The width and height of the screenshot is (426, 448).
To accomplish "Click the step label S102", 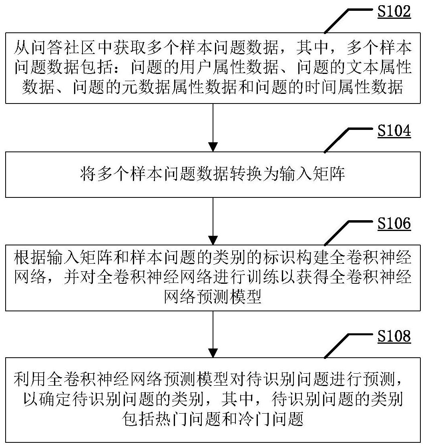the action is point(394,12).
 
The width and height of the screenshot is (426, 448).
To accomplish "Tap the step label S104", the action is point(394,131).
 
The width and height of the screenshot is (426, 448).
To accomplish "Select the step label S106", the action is point(394,223).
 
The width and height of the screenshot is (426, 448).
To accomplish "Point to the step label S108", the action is point(394,336).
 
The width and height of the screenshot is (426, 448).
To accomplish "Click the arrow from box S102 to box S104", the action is point(213,127).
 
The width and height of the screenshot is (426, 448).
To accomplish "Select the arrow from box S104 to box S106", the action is point(213,221).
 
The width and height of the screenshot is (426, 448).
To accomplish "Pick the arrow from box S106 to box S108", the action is point(213,334).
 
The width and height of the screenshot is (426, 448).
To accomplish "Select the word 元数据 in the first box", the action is point(146,87).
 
